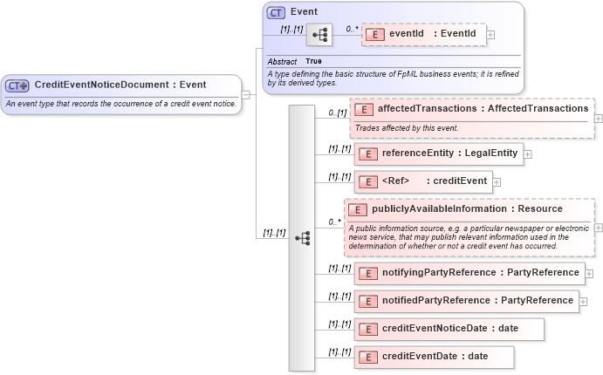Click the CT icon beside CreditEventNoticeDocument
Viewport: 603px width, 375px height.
(x=17, y=85)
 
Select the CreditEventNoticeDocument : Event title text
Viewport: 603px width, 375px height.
(x=120, y=85)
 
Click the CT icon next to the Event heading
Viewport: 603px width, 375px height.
(x=276, y=12)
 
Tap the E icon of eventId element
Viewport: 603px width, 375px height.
(x=374, y=34)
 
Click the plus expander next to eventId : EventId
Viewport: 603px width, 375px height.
(x=490, y=35)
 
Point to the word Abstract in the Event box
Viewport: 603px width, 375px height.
(x=281, y=62)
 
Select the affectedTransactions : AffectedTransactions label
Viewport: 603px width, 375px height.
(x=483, y=109)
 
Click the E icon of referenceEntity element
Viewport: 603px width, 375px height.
(x=367, y=154)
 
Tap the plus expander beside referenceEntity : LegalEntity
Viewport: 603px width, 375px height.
(x=528, y=154)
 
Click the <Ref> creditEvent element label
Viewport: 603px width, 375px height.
(x=434, y=181)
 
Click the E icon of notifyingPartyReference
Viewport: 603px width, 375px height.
(x=367, y=274)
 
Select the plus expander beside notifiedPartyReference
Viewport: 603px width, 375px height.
(x=583, y=301)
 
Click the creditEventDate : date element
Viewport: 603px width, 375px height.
(x=434, y=357)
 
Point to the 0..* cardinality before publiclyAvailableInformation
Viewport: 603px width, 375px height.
(x=334, y=222)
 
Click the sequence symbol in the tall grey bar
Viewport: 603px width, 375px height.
(x=303, y=237)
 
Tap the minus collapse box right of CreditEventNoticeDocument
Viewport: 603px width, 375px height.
(x=246, y=93)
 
